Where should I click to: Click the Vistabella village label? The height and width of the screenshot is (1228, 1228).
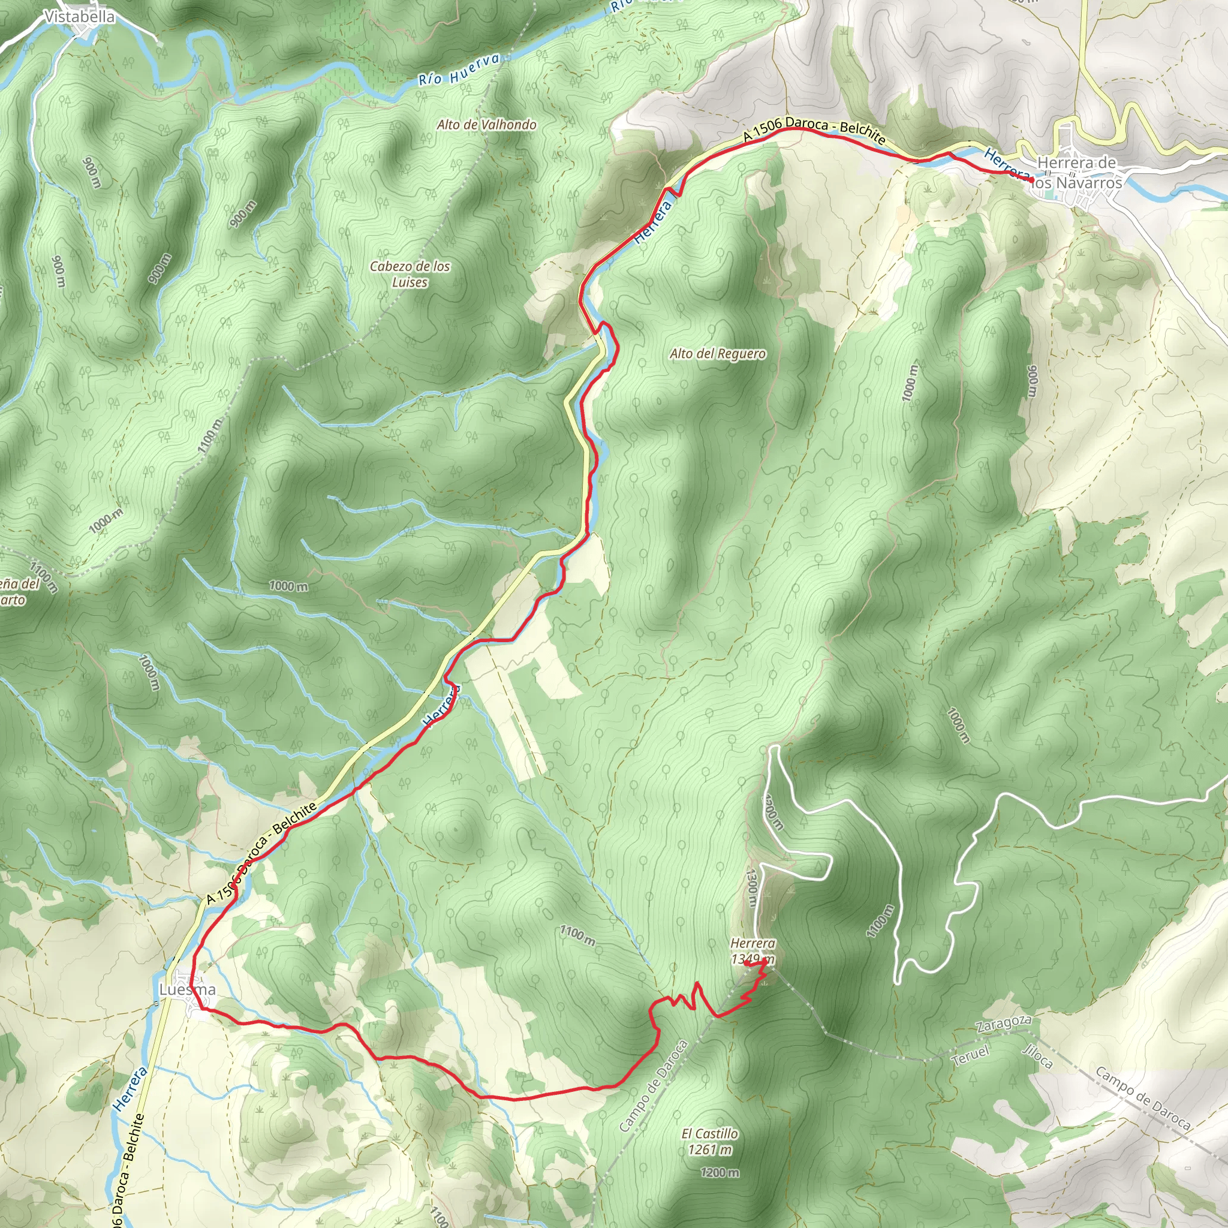click(80, 17)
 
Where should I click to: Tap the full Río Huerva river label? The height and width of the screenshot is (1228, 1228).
click(459, 70)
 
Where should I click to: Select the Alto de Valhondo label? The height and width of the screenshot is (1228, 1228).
click(486, 125)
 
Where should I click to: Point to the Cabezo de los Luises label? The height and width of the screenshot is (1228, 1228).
click(410, 274)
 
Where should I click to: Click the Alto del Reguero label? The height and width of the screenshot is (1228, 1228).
click(718, 353)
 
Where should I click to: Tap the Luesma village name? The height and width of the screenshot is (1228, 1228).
click(188, 989)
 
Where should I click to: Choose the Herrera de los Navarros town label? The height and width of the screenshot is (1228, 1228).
click(1077, 173)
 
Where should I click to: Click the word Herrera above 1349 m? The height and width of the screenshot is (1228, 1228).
click(753, 943)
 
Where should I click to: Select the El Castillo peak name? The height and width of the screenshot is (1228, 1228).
click(710, 1133)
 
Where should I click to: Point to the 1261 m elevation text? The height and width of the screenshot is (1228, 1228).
click(710, 1149)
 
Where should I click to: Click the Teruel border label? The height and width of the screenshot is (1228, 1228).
click(971, 1056)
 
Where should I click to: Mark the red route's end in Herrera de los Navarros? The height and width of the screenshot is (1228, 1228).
click(1030, 181)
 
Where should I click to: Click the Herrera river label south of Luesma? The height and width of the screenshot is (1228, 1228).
click(130, 1088)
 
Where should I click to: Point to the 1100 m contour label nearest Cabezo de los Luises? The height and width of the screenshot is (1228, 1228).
click(210, 435)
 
